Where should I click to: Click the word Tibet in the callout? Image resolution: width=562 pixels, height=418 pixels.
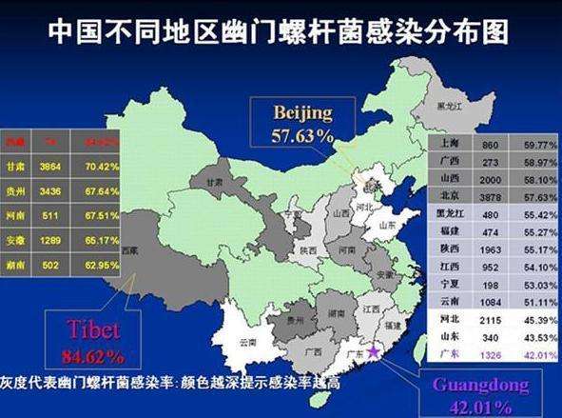pos(92,331)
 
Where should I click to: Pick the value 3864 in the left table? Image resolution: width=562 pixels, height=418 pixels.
pos(52,164)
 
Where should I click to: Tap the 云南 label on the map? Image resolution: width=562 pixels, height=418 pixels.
pos(248,341)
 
